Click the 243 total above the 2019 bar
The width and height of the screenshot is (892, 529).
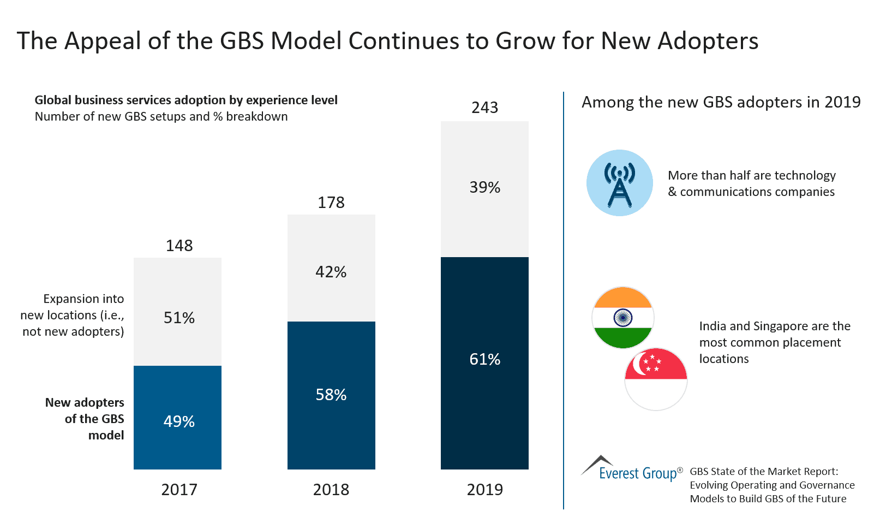pos(484,108)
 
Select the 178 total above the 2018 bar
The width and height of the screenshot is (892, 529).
pos(331,203)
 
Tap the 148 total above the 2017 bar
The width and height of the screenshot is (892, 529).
pos(179,246)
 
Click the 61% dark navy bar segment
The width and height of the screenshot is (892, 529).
pos(484,363)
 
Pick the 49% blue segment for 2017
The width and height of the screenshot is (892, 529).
pos(177,418)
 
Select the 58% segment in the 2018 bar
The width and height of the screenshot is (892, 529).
pos(331,395)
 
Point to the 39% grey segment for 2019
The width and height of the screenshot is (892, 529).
pos(484,189)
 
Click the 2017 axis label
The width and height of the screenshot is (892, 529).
pos(179,490)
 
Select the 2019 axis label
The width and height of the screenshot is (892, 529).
pos(484,490)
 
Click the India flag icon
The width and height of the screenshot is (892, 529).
pos(622,318)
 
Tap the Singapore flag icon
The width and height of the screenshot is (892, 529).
pos(656,379)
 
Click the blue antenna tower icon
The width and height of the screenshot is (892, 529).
pos(620,183)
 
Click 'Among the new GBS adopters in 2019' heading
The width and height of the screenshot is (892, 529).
pos(721,102)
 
